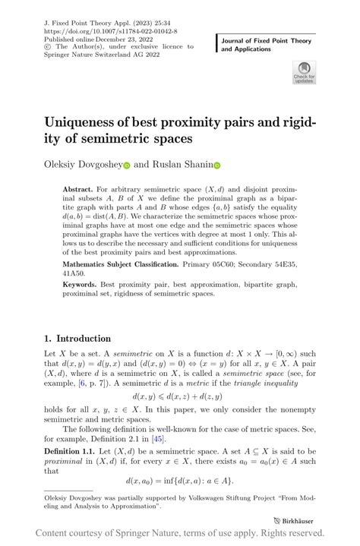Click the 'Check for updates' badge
[x=304, y=72]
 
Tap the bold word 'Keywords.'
[x=80, y=283]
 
